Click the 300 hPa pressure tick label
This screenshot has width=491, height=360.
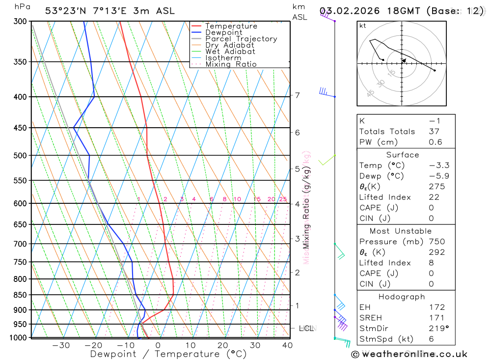(19, 21)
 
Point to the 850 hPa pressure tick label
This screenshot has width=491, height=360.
(19, 295)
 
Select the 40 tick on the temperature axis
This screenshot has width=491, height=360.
(287, 345)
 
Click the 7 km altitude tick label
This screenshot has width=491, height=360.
(298, 95)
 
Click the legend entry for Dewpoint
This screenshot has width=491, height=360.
(223, 32)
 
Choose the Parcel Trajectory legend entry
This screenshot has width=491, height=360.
(241, 39)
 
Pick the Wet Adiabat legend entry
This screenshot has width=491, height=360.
(230, 52)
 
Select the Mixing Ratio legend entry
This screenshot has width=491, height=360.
(231, 64)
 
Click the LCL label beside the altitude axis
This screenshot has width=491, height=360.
(306, 328)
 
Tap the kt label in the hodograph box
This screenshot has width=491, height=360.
(363, 26)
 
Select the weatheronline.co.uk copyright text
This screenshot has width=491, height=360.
(409, 354)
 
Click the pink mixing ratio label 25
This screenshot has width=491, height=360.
(283, 199)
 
